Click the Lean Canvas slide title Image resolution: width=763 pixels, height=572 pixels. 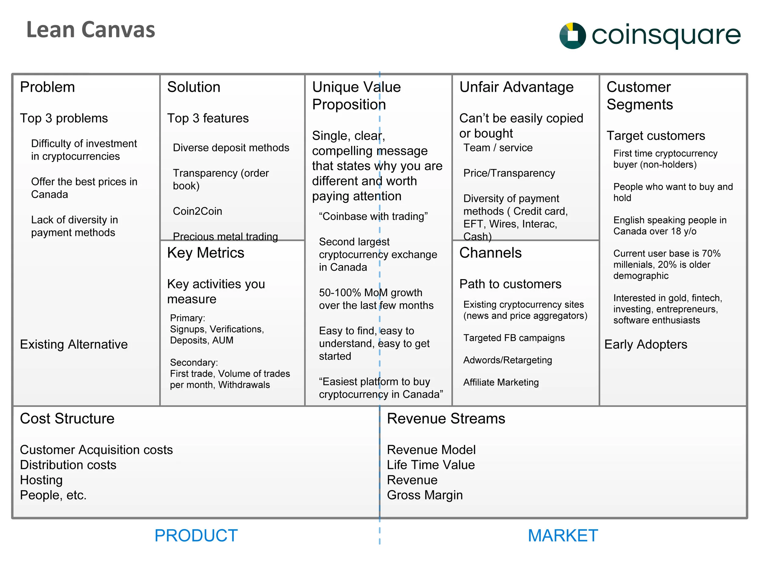tap(91, 30)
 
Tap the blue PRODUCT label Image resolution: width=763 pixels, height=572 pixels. tap(196, 535)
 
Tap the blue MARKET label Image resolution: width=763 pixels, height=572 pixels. tap(562, 535)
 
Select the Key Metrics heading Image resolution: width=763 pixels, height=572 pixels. tap(206, 253)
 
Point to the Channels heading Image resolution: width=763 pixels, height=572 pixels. tap(490, 253)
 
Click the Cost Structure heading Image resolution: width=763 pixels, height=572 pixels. tap(67, 418)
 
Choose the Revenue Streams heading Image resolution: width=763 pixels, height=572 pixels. tap(446, 418)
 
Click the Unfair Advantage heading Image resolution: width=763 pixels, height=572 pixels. tap(516, 87)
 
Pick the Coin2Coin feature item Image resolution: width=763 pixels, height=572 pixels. tap(197, 211)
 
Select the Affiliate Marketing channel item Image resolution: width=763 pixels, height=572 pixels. tap(501, 382)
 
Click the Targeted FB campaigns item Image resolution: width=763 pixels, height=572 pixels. tap(514, 337)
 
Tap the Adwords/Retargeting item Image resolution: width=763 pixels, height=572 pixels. tap(508, 360)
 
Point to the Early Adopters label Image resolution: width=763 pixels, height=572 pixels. tap(645, 344)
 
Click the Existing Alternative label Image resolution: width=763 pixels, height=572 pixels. tap(74, 344)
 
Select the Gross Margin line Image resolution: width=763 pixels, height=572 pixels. tap(425, 495)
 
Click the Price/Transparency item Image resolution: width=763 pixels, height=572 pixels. tap(509, 173)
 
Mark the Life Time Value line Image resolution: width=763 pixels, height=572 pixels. tap(430, 464)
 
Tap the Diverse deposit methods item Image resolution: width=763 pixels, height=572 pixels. tap(231, 148)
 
